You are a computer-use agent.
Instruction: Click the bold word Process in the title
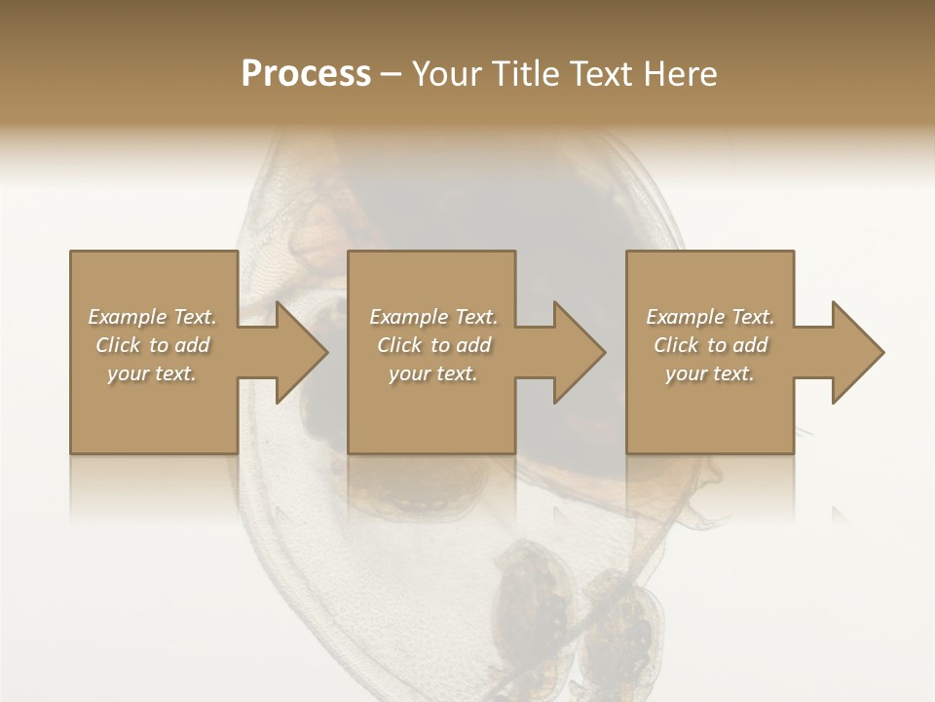click(x=306, y=74)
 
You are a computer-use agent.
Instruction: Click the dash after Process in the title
click(x=391, y=74)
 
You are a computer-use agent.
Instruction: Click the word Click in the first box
click(x=118, y=345)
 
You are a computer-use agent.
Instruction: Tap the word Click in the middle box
click(x=399, y=345)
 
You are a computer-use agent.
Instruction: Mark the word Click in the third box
click(x=676, y=345)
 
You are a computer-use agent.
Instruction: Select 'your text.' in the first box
click(x=152, y=373)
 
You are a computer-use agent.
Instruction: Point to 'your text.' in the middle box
click(x=432, y=373)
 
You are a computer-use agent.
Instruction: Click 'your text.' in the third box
click(x=709, y=373)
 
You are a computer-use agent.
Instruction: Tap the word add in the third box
click(x=751, y=345)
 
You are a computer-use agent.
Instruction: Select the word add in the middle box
click(x=474, y=345)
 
